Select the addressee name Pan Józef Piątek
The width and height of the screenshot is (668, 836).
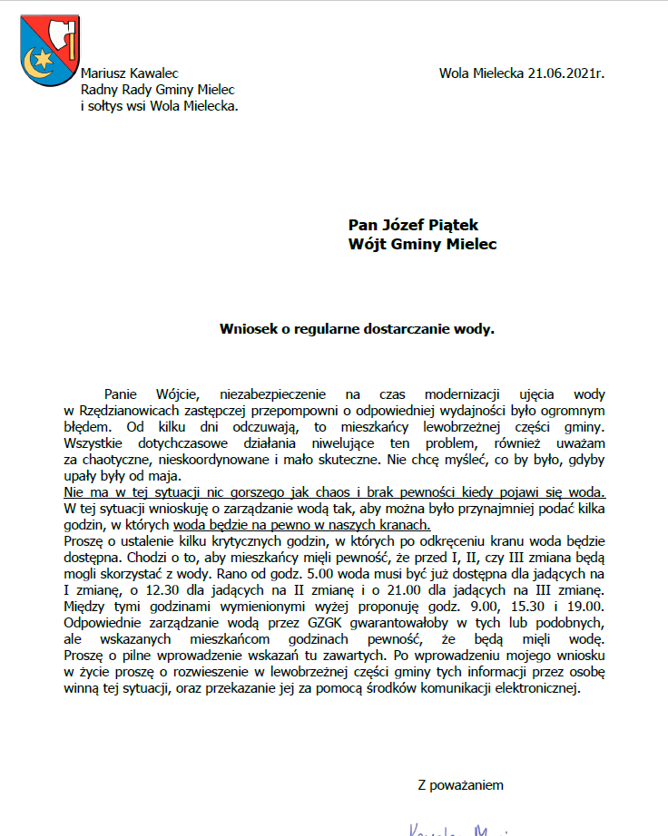tap(413, 225)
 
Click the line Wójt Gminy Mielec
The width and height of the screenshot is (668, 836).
tap(422, 244)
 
